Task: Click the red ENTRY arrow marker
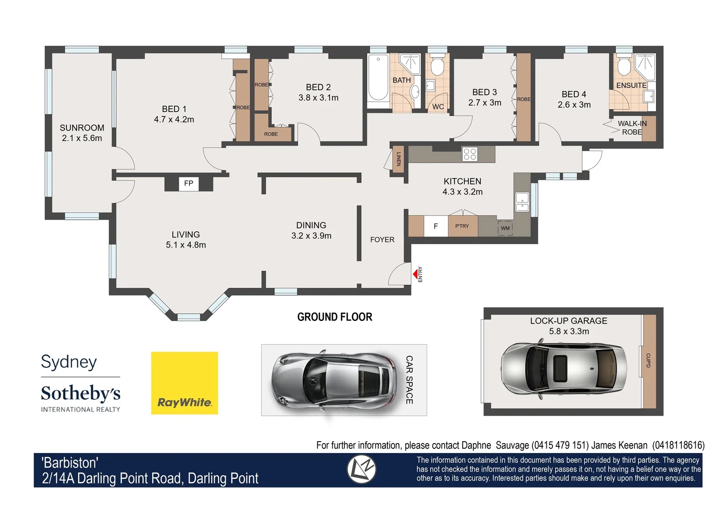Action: (x=415, y=274)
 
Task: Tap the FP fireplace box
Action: (x=188, y=184)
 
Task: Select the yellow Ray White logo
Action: (x=185, y=383)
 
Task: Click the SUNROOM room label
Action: (x=82, y=128)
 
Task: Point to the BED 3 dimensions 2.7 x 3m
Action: (x=485, y=103)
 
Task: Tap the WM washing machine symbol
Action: (x=505, y=227)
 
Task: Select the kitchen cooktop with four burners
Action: (x=469, y=154)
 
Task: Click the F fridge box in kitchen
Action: (x=436, y=227)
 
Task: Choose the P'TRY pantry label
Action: (x=462, y=226)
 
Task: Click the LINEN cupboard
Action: (x=398, y=159)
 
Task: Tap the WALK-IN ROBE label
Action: (x=632, y=127)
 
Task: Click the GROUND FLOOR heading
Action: (x=334, y=317)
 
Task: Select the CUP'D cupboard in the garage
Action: (x=649, y=361)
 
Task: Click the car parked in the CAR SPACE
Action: (x=334, y=380)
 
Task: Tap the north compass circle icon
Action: (x=361, y=469)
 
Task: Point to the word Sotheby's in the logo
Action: (x=81, y=393)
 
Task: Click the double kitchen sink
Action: (x=522, y=201)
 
